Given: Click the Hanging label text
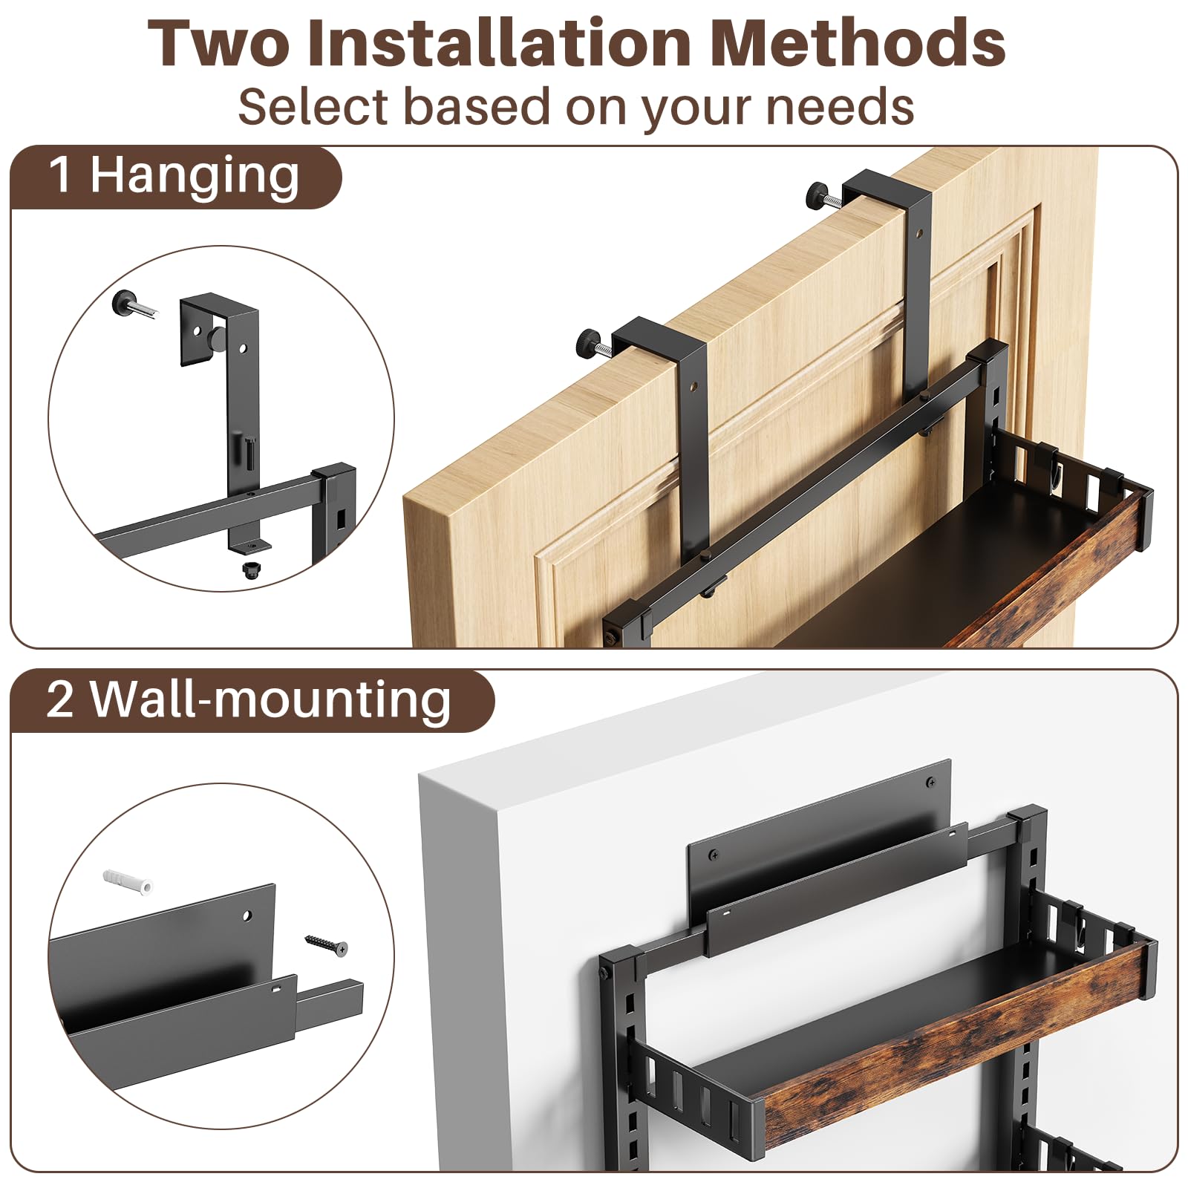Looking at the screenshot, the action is (195, 177).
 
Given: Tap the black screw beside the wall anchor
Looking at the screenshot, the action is (326, 944).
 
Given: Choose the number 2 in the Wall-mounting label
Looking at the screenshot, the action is (60, 699).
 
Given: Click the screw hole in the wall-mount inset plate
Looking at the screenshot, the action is (248, 916).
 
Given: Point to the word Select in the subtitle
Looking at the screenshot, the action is (313, 107).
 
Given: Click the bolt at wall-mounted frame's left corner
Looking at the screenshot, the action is (606, 971).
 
